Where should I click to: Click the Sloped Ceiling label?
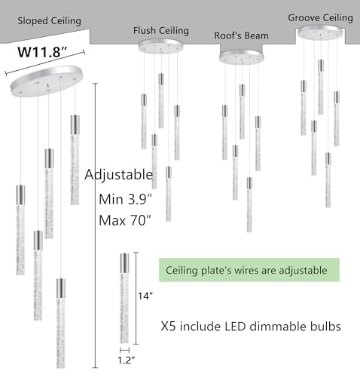[49, 21]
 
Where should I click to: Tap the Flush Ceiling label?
[161, 31]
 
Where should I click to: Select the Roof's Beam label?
[241, 35]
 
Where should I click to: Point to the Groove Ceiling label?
[320, 18]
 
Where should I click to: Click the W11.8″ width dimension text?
[42, 52]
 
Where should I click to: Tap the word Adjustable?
[119, 175]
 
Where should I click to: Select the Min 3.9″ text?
[126, 200]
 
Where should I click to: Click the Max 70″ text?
[125, 220]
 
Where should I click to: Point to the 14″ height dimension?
[145, 296]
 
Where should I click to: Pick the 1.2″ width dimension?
[127, 360]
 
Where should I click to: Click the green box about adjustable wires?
[249, 270]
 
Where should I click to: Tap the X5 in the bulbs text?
[168, 326]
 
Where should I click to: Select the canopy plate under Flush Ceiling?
[160, 46]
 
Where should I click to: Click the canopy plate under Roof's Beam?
[242, 57]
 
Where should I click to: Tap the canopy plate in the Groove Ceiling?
[320, 32]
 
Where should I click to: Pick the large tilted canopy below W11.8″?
[47, 81]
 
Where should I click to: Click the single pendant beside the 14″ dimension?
[124, 299]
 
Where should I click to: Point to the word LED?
[235, 326]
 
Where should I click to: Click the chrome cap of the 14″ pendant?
[124, 263]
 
